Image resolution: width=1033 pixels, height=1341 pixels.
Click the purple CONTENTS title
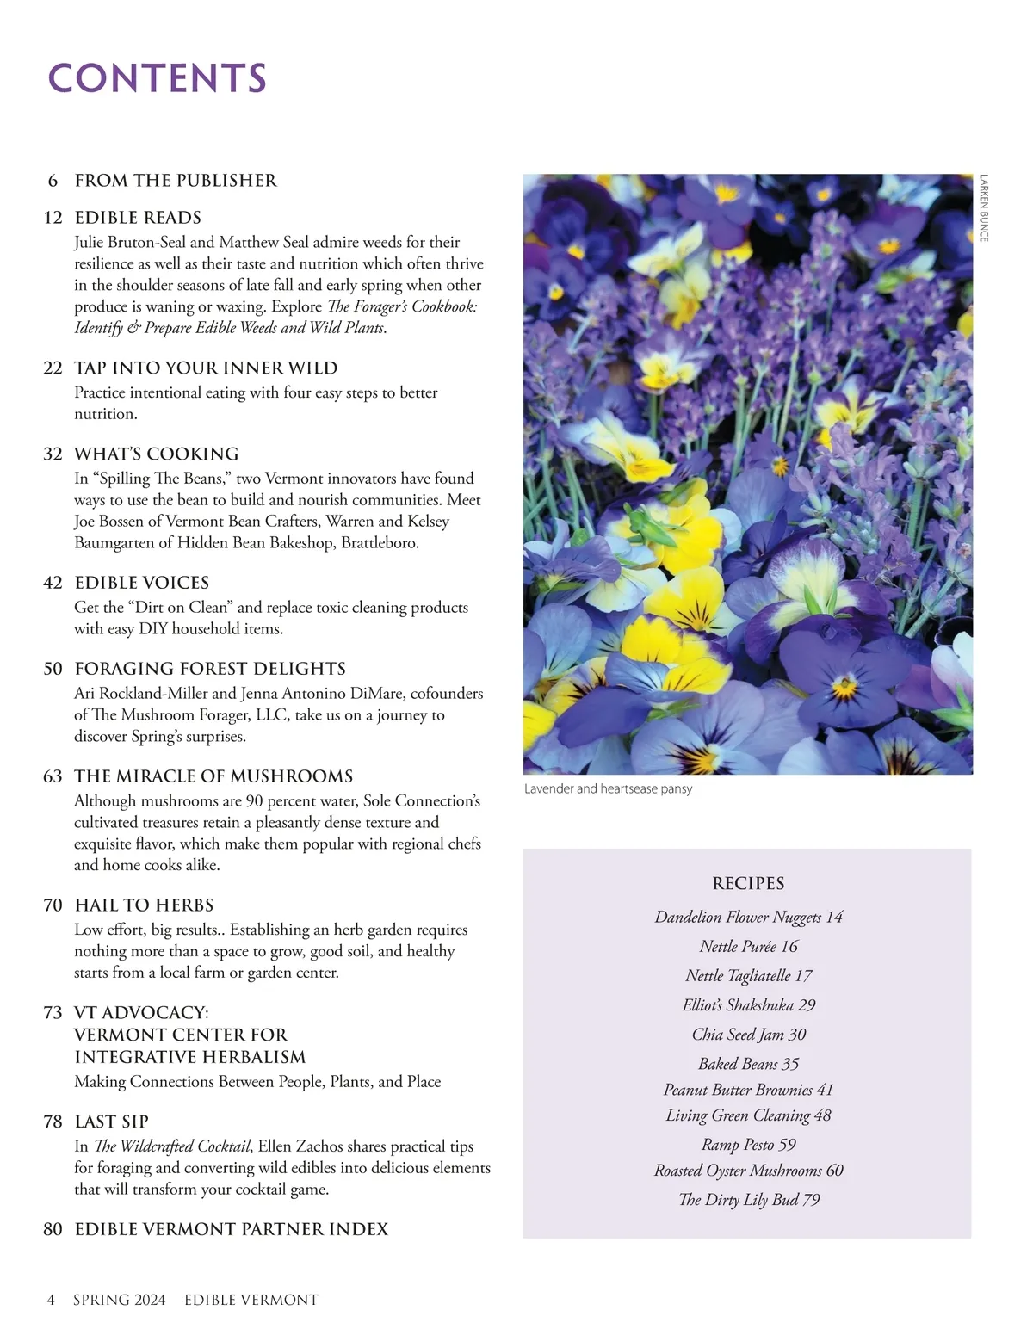point(157,78)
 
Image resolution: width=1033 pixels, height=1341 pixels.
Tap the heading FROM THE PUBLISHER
point(176,181)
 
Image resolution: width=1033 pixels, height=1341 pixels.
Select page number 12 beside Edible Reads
point(53,218)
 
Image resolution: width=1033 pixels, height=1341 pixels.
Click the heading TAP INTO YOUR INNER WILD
point(206,368)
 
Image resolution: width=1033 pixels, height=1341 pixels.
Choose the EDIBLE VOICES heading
point(142,583)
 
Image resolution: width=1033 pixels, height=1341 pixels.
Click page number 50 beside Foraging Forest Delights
point(53,669)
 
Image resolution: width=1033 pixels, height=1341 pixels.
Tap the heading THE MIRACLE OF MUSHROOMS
point(213,776)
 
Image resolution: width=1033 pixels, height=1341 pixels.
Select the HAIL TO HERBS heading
point(144,905)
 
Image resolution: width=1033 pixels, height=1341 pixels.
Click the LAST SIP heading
point(111,1122)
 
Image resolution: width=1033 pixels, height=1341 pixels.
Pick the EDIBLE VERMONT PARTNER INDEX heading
point(231,1229)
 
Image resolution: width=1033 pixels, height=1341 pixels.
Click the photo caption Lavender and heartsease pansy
point(608,789)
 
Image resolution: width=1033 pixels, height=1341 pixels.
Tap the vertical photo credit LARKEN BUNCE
point(984,208)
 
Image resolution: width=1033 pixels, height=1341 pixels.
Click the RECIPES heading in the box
point(748,884)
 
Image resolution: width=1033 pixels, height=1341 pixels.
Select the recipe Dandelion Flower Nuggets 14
point(748,918)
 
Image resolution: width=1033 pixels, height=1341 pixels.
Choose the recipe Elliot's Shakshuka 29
point(748,1005)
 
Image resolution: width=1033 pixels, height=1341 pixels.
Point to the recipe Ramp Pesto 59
point(748,1145)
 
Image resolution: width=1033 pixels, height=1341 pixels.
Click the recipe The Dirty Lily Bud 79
point(748,1200)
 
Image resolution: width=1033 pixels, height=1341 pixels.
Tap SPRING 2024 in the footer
point(119,1300)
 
